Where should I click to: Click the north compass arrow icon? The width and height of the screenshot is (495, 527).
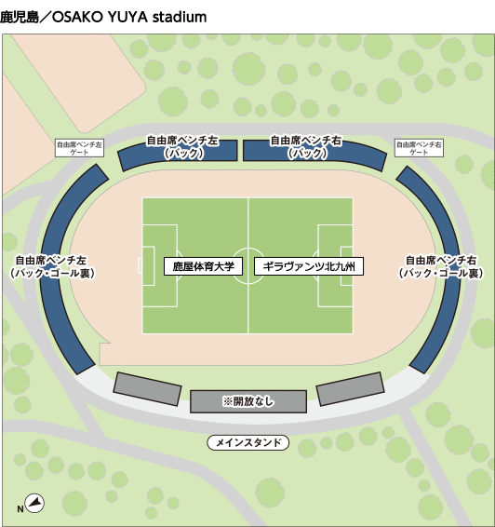click(35, 503)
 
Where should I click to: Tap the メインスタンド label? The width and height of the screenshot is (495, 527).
click(248, 442)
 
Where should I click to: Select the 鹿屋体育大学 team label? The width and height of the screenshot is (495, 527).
click(203, 266)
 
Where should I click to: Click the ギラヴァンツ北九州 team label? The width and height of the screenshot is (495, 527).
click(309, 266)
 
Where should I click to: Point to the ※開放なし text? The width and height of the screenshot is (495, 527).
click(248, 401)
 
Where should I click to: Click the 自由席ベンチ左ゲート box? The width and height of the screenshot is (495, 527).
click(80, 148)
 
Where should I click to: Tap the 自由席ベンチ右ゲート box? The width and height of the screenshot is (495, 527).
click(419, 148)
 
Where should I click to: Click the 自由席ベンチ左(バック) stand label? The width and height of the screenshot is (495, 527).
click(183, 147)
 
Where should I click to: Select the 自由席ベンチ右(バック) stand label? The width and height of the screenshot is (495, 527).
click(306, 147)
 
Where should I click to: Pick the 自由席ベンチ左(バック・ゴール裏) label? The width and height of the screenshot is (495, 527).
click(51, 267)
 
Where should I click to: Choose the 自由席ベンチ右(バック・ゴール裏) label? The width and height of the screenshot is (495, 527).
click(441, 267)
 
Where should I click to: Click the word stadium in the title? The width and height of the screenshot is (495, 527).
click(180, 17)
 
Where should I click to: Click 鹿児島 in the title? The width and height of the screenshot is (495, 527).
click(20, 17)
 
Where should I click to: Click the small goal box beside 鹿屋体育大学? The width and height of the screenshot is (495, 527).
click(148, 266)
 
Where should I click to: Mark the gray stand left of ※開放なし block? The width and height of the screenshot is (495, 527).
click(147, 388)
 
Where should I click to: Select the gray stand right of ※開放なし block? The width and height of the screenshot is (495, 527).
click(350, 389)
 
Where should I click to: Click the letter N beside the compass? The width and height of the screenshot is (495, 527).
click(20, 509)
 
